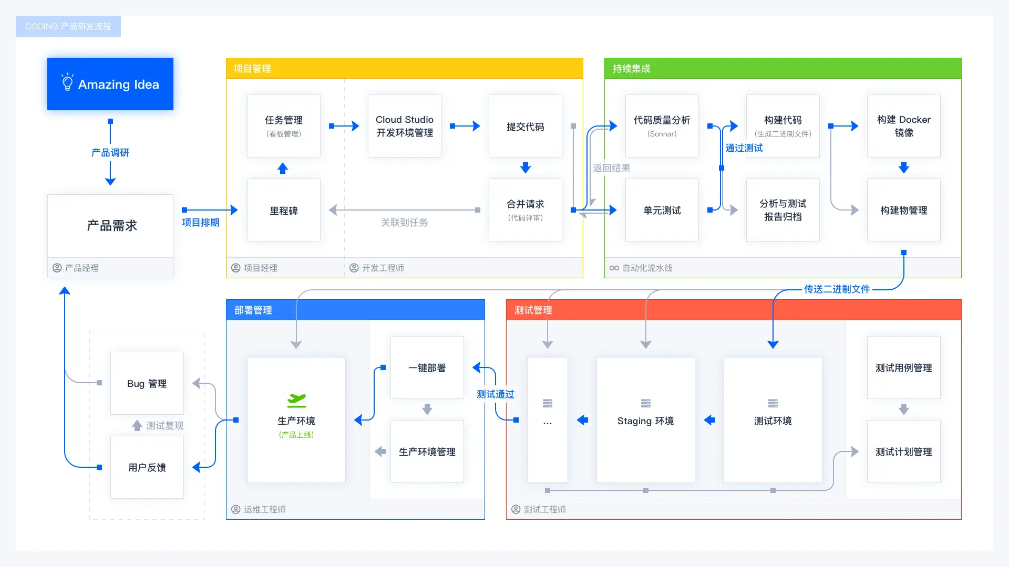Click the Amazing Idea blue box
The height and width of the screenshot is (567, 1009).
pos(110,84)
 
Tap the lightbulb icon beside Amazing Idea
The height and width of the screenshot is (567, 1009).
pos(67,82)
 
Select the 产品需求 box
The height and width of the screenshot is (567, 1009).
pos(110,226)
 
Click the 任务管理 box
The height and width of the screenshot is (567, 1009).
pos(284,126)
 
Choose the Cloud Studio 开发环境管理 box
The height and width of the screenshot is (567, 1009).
pos(405,126)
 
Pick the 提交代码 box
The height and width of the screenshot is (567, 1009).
pos(526,126)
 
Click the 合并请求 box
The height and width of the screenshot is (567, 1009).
pos(526,210)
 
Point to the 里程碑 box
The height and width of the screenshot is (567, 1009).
pos(284,210)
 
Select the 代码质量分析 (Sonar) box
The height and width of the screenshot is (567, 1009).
pos(662,126)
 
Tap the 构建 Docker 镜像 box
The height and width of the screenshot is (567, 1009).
pos(904,126)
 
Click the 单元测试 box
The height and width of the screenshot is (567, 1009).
pos(662,210)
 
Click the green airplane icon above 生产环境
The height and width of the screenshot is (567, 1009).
pos(296,401)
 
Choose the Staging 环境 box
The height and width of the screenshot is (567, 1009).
pos(646,420)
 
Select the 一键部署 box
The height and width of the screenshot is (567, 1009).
pos(427,367)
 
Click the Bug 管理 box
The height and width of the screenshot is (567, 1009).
pos(147,383)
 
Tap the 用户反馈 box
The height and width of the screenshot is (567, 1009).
pos(147,467)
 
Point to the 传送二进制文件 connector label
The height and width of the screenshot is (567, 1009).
pos(837,289)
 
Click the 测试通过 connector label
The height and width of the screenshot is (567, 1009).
pos(495,394)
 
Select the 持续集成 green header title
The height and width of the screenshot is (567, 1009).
pos(631,69)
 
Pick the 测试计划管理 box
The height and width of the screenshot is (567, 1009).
pos(904,451)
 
